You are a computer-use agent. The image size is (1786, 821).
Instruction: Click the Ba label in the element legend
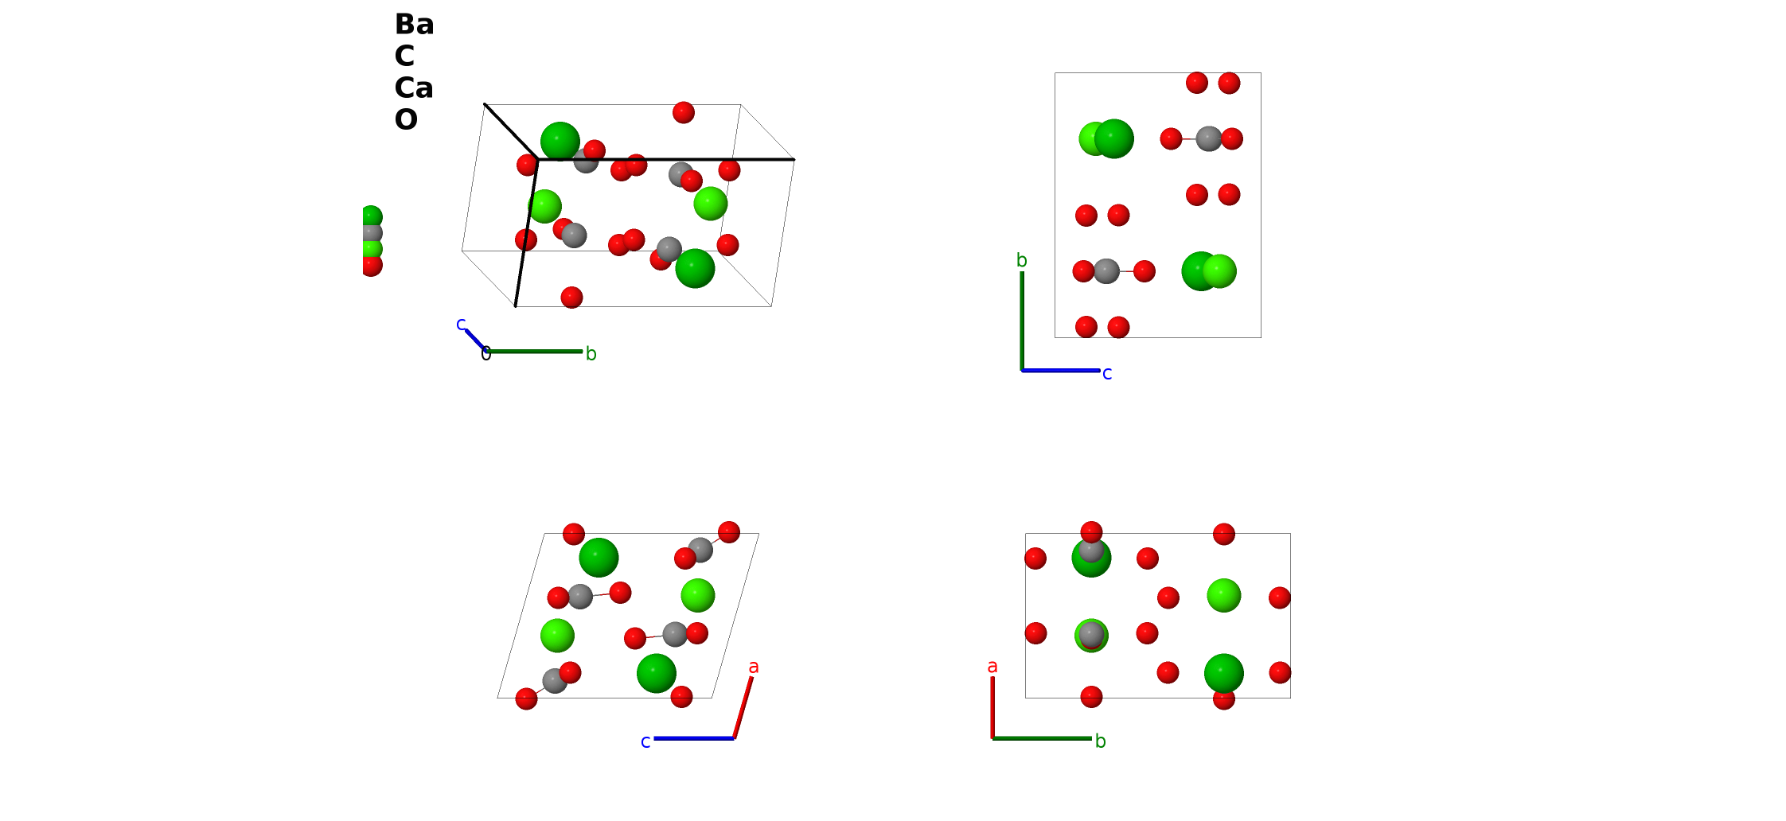point(414,25)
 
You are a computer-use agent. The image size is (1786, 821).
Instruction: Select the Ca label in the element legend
point(414,88)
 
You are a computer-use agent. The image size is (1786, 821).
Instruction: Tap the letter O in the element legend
point(406,120)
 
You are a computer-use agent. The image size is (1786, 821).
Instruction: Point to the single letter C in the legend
point(404,56)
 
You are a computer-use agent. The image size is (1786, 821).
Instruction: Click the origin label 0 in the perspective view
point(485,355)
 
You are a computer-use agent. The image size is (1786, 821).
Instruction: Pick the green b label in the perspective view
point(591,354)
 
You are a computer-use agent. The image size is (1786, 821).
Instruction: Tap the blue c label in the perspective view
point(461,325)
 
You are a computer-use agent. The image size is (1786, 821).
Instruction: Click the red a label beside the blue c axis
point(754,667)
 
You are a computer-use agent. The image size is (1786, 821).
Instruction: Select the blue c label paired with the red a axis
point(645,742)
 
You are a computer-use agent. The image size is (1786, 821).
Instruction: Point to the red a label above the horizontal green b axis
point(992,667)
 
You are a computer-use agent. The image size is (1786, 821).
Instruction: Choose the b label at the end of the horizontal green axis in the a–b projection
point(1101,741)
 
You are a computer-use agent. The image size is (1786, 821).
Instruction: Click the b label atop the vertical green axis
point(1022,260)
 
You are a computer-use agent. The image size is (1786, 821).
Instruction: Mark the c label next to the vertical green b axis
point(1107,374)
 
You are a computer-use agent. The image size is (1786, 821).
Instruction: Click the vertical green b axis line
point(1022,321)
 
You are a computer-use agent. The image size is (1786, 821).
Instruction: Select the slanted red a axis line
point(743,707)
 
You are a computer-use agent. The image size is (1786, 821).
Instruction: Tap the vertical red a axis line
point(992,707)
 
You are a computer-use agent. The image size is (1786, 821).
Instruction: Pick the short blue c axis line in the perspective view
point(476,340)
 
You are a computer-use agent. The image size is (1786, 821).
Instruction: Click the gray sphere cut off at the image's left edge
point(372,233)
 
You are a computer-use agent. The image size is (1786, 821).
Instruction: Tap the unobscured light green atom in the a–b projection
point(1224,595)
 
